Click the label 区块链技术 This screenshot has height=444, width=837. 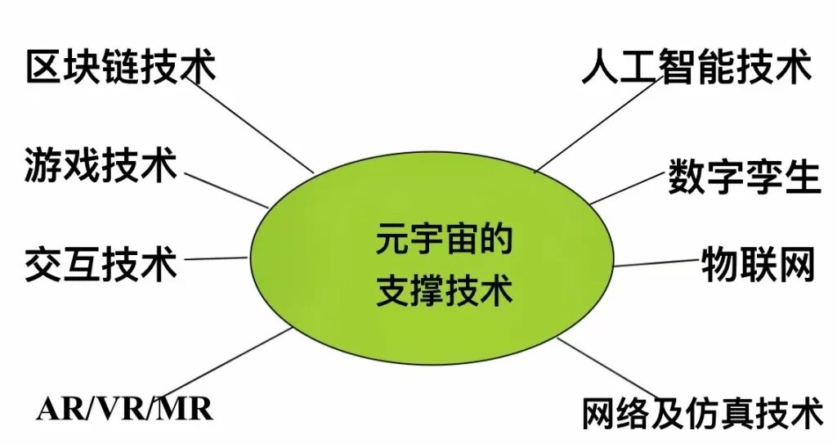coord(121,66)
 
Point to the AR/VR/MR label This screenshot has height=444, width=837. coord(124,408)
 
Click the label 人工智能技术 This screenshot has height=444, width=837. coord(696,66)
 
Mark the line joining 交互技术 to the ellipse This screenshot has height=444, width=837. coord(214,258)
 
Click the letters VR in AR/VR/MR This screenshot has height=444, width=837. coord(124,408)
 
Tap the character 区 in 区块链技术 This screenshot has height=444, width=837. coord(44,66)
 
